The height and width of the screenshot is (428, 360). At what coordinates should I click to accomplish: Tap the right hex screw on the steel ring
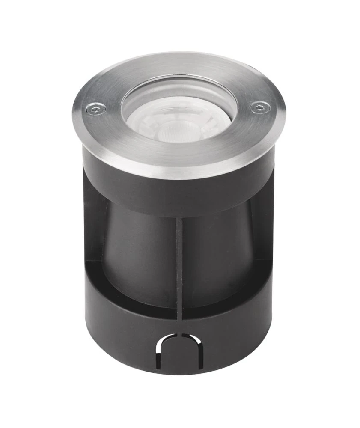(259, 107)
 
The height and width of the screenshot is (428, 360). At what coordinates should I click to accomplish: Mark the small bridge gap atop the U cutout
(180, 334)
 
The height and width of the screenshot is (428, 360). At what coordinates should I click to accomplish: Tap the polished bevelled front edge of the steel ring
(180, 173)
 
